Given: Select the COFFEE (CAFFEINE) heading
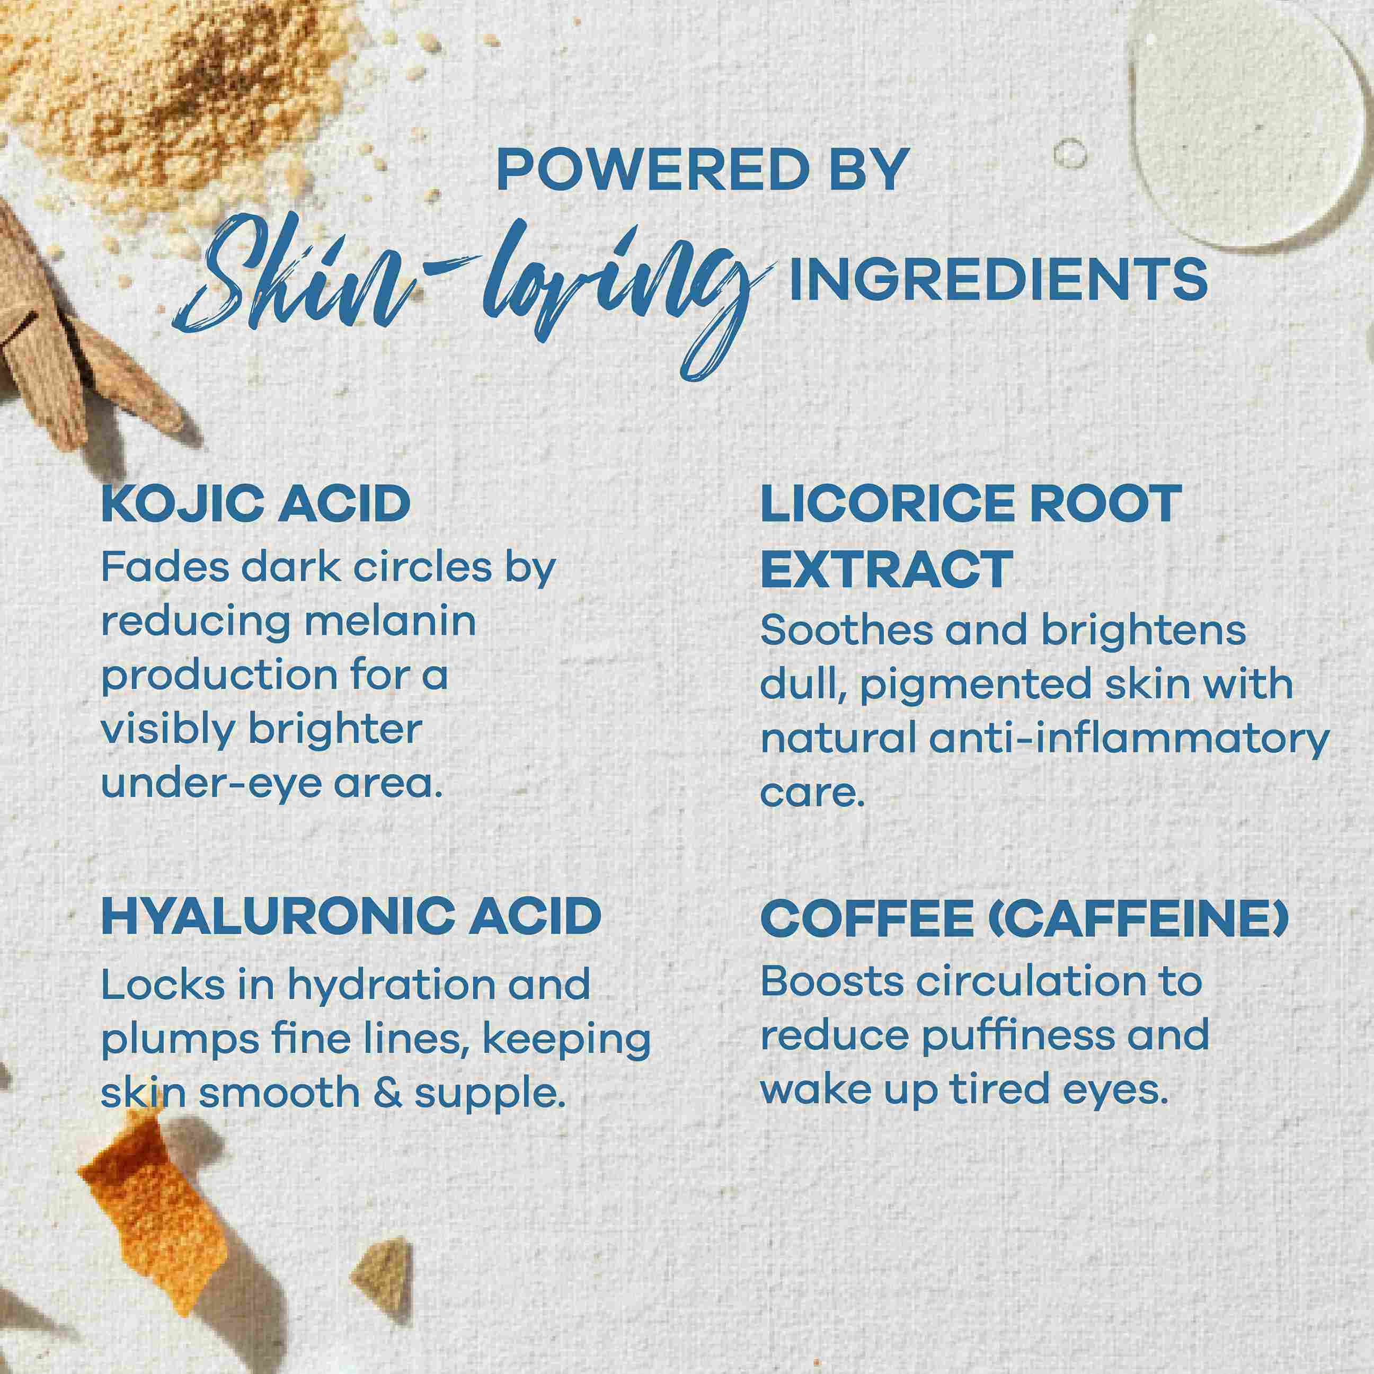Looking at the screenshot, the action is click(x=1025, y=918).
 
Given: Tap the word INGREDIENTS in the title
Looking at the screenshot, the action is click(x=998, y=279).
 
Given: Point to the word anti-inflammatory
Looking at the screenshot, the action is click(x=1129, y=738).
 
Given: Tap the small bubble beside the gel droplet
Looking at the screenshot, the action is click(x=1070, y=153).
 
